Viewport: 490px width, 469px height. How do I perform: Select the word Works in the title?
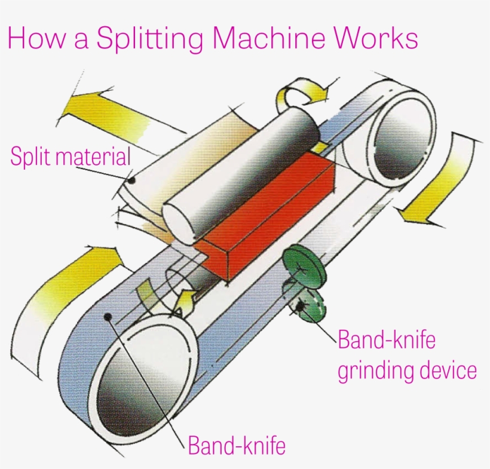tap(376, 39)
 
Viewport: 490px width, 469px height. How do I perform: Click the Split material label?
tap(71, 158)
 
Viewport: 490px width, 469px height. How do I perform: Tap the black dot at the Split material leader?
tap(132, 179)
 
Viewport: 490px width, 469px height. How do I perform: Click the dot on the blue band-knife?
tap(108, 317)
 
